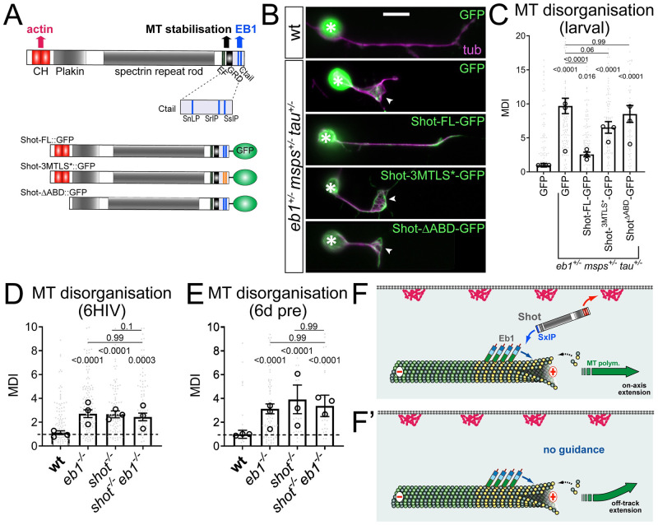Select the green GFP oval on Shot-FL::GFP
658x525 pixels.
(x=243, y=151)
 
